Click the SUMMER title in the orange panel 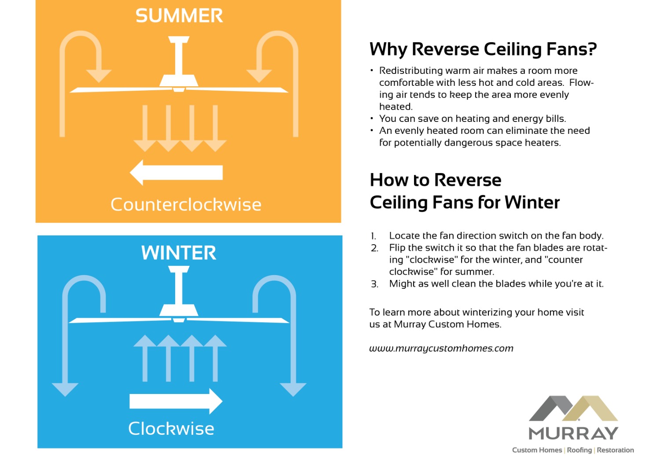[179, 16]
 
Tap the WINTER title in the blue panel [179, 253]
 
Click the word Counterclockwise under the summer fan [186, 205]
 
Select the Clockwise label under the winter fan [171, 429]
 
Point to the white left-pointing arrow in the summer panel [176, 173]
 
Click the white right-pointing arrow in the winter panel [176, 401]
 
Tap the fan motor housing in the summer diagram [178, 81]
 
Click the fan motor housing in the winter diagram [178, 310]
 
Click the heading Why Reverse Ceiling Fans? [483, 49]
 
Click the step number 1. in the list [373, 236]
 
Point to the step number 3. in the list [374, 284]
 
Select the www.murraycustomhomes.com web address [441, 349]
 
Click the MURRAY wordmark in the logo [573, 434]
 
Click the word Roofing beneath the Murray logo [579, 450]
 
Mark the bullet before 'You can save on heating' [372, 118]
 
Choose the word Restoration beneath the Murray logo [615, 450]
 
